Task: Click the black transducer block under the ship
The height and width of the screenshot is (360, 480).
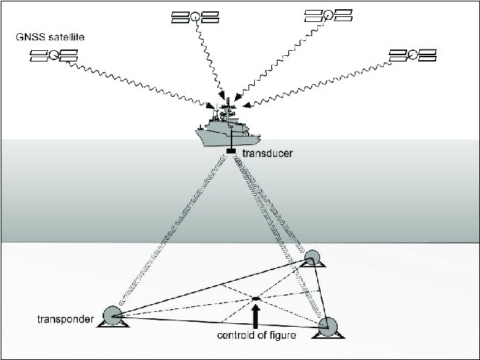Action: point(231,151)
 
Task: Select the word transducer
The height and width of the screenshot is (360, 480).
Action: point(265,153)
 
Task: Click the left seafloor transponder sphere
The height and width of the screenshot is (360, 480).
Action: point(113,315)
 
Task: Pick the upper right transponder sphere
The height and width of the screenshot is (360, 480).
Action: point(312,257)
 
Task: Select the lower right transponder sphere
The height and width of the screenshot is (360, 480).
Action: point(327,325)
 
